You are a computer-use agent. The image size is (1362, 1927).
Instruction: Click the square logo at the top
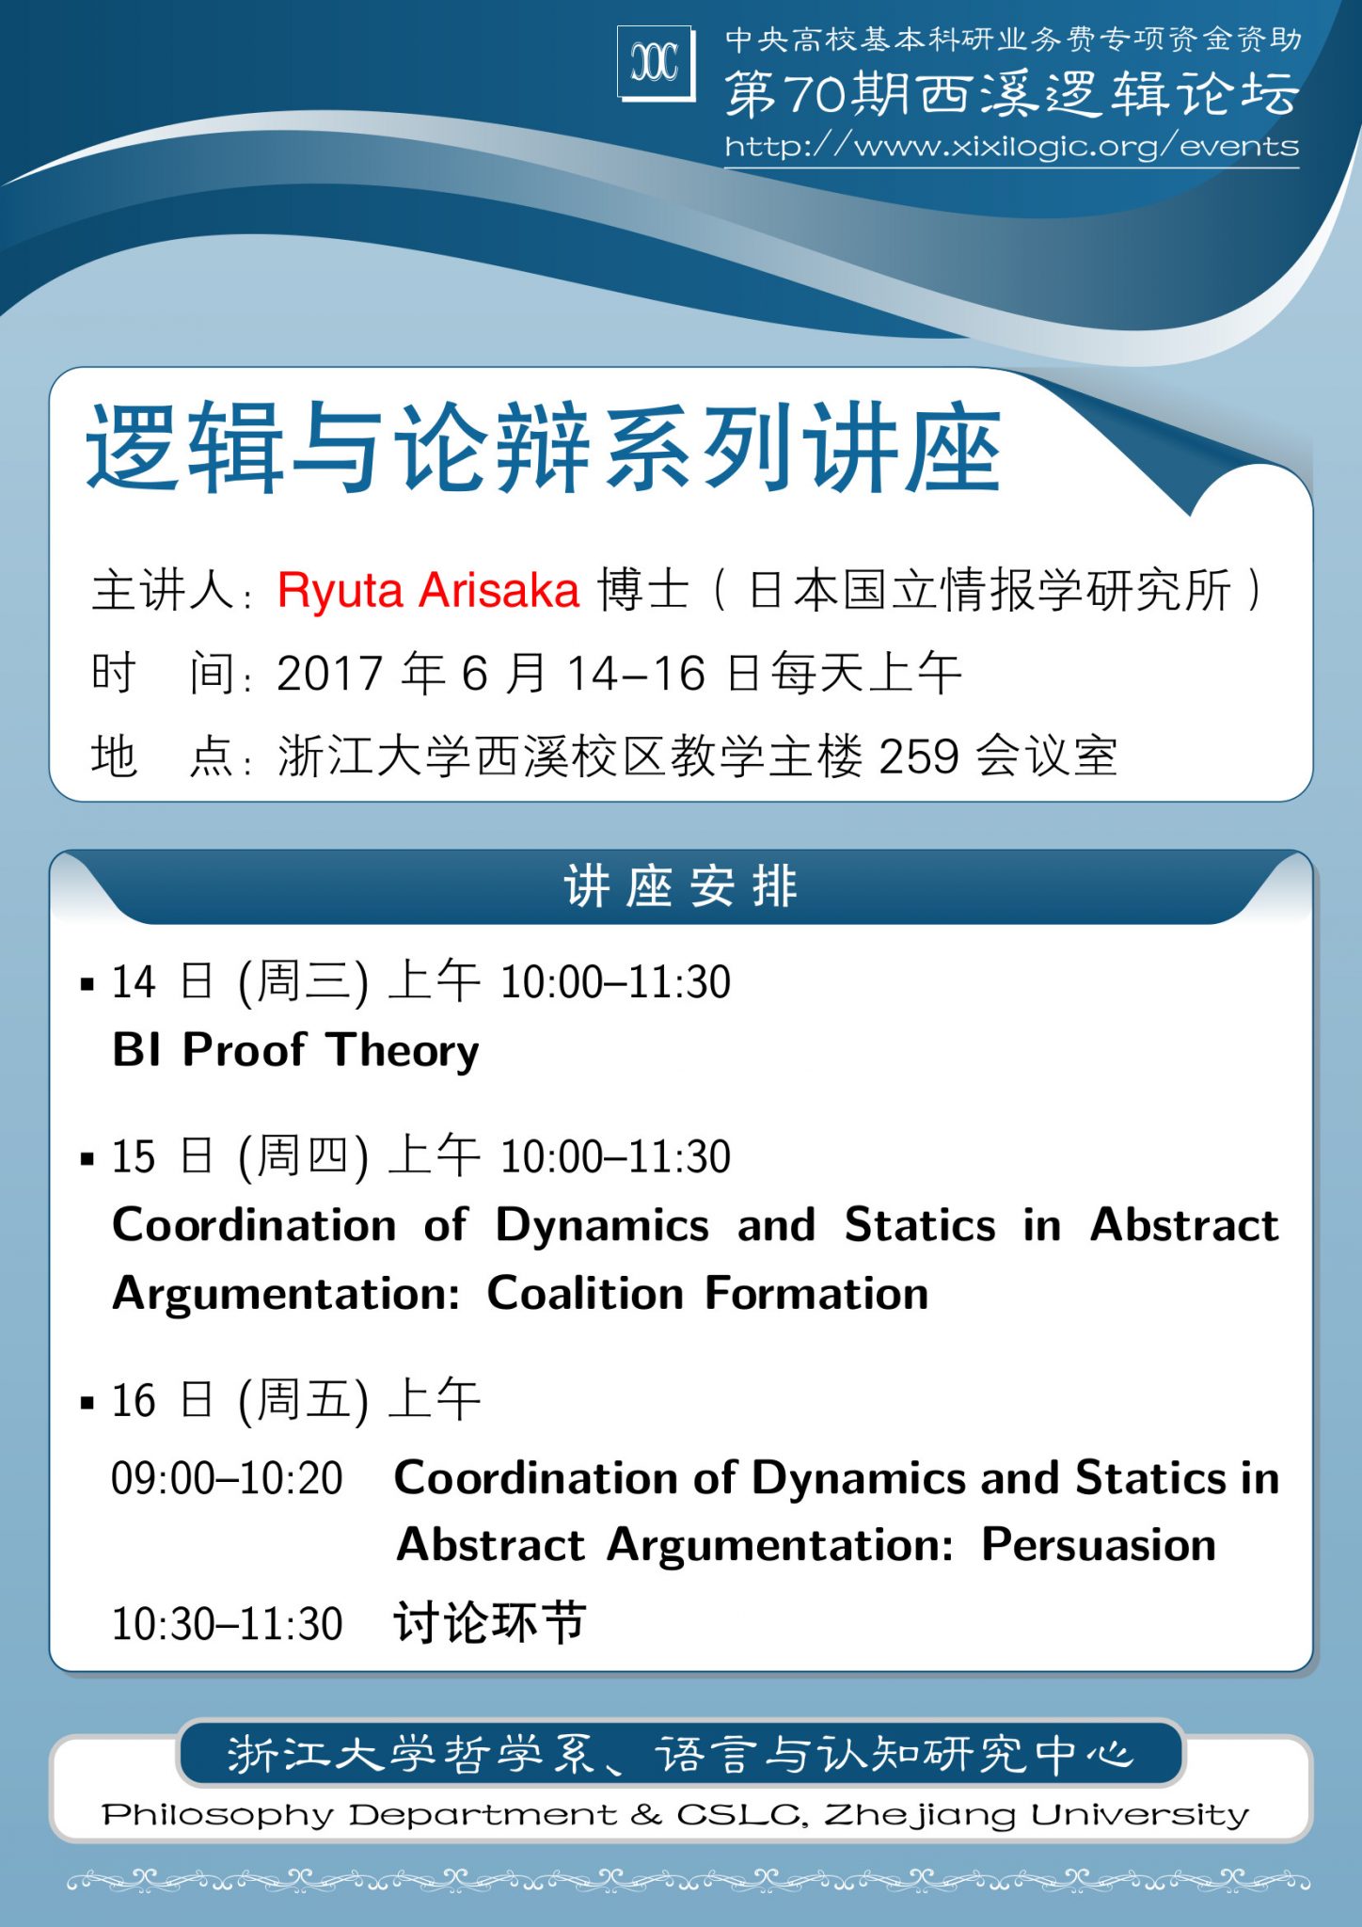point(657,62)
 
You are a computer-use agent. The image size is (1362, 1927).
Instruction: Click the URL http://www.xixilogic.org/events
point(1011,146)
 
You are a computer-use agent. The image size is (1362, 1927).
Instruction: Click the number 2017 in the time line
point(330,674)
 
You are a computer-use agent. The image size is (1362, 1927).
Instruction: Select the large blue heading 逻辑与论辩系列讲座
point(544,448)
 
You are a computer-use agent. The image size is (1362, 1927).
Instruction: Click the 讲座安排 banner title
point(681,887)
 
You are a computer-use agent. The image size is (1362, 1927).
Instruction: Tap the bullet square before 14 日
point(87,985)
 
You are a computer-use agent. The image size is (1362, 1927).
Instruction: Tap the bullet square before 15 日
point(87,1159)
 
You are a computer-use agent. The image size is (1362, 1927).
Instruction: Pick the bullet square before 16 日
point(87,1403)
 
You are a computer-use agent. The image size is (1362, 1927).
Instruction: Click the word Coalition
point(585,1294)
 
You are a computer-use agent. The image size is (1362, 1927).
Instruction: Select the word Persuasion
point(1099,1545)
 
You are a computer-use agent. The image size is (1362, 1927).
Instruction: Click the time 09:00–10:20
point(227,1478)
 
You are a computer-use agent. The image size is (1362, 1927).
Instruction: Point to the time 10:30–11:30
point(227,1624)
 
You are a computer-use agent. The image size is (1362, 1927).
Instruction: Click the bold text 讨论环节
point(490,1623)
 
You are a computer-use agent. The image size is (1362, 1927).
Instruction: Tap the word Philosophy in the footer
point(218,1815)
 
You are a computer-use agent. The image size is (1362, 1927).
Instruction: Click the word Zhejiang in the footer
point(920,1815)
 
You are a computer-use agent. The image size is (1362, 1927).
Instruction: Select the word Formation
point(816,1294)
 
